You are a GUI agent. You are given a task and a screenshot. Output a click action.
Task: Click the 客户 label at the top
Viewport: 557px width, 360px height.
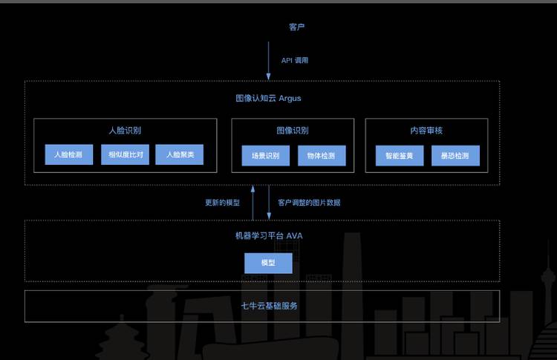[x=296, y=27]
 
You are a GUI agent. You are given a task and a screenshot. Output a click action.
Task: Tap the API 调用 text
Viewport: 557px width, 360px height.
[x=294, y=60]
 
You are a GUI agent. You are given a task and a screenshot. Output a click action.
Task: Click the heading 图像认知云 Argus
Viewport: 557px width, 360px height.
[x=268, y=97]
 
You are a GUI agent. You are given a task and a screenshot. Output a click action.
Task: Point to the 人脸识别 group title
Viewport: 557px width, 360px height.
[x=125, y=130]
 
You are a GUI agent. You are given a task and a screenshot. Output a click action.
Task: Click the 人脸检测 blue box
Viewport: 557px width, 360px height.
[x=68, y=155]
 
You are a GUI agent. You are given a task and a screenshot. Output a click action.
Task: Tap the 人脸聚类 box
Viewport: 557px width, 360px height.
[x=179, y=155]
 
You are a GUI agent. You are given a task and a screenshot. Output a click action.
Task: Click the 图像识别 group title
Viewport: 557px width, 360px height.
[x=293, y=130]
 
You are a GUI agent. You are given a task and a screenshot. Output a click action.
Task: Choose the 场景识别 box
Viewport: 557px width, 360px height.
[x=265, y=156]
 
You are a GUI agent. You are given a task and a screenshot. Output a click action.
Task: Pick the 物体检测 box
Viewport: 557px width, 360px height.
[x=322, y=156]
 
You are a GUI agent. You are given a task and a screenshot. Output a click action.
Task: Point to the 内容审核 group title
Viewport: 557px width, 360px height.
[x=426, y=130]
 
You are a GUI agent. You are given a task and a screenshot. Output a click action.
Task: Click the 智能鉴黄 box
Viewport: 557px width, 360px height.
[x=400, y=156]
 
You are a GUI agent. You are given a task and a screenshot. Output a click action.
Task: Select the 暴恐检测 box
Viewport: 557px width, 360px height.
[x=455, y=156]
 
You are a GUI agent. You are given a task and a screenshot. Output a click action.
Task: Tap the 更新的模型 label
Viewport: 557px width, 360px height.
[x=222, y=203]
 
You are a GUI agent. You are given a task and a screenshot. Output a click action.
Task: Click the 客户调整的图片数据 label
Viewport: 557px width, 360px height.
[x=309, y=203]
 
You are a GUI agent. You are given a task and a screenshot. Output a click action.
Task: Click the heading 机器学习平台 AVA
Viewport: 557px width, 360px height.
[x=268, y=235]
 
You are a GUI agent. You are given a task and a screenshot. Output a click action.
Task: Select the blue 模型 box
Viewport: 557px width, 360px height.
[x=268, y=263]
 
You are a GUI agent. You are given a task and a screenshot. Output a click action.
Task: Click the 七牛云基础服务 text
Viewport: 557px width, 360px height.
[x=268, y=305]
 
